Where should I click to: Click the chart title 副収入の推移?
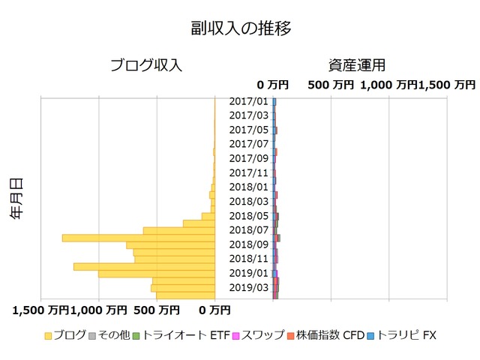(240, 28)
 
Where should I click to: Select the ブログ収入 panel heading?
(146, 65)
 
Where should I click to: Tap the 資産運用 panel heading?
(356, 65)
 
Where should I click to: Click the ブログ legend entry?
(65, 335)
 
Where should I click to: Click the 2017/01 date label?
(248, 101)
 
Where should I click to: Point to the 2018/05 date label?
(248, 216)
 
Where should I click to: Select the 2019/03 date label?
(248, 287)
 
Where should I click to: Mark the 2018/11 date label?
(248, 259)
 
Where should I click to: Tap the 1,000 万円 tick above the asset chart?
(388, 85)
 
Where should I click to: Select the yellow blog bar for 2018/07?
(179, 230)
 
